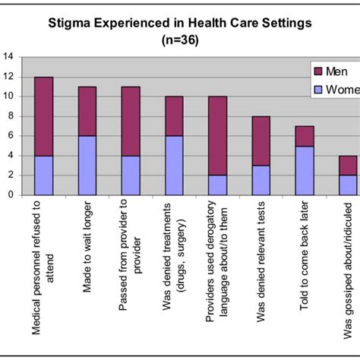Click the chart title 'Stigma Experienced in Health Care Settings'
(x=180, y=23)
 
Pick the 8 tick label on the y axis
(x=11, y=115)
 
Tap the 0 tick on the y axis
(x=11, y=194)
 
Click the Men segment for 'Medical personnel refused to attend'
(x=44, y=115)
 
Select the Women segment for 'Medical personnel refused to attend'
(x=44, y=175)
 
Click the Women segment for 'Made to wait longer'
(x=88, y=165)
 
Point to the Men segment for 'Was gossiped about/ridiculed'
(x=347, y=165)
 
